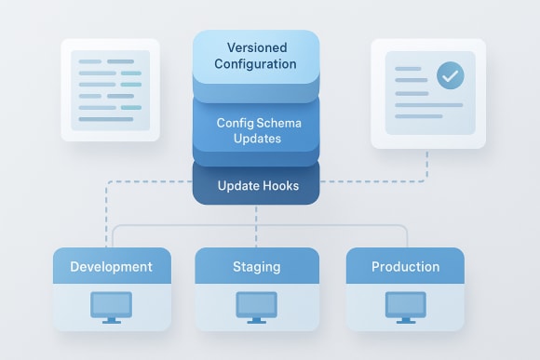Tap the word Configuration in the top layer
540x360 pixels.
click(255, 64)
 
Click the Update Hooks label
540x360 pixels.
click(258, 186)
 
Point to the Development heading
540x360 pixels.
click(111, 267)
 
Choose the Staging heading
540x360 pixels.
click(256, 267)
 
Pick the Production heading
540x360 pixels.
click(405, 267)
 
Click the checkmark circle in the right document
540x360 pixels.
click(451, 75)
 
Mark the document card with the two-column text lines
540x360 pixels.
click(110, 89)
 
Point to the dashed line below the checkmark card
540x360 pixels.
click(427, 166)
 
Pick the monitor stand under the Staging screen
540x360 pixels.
click(256, 319)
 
